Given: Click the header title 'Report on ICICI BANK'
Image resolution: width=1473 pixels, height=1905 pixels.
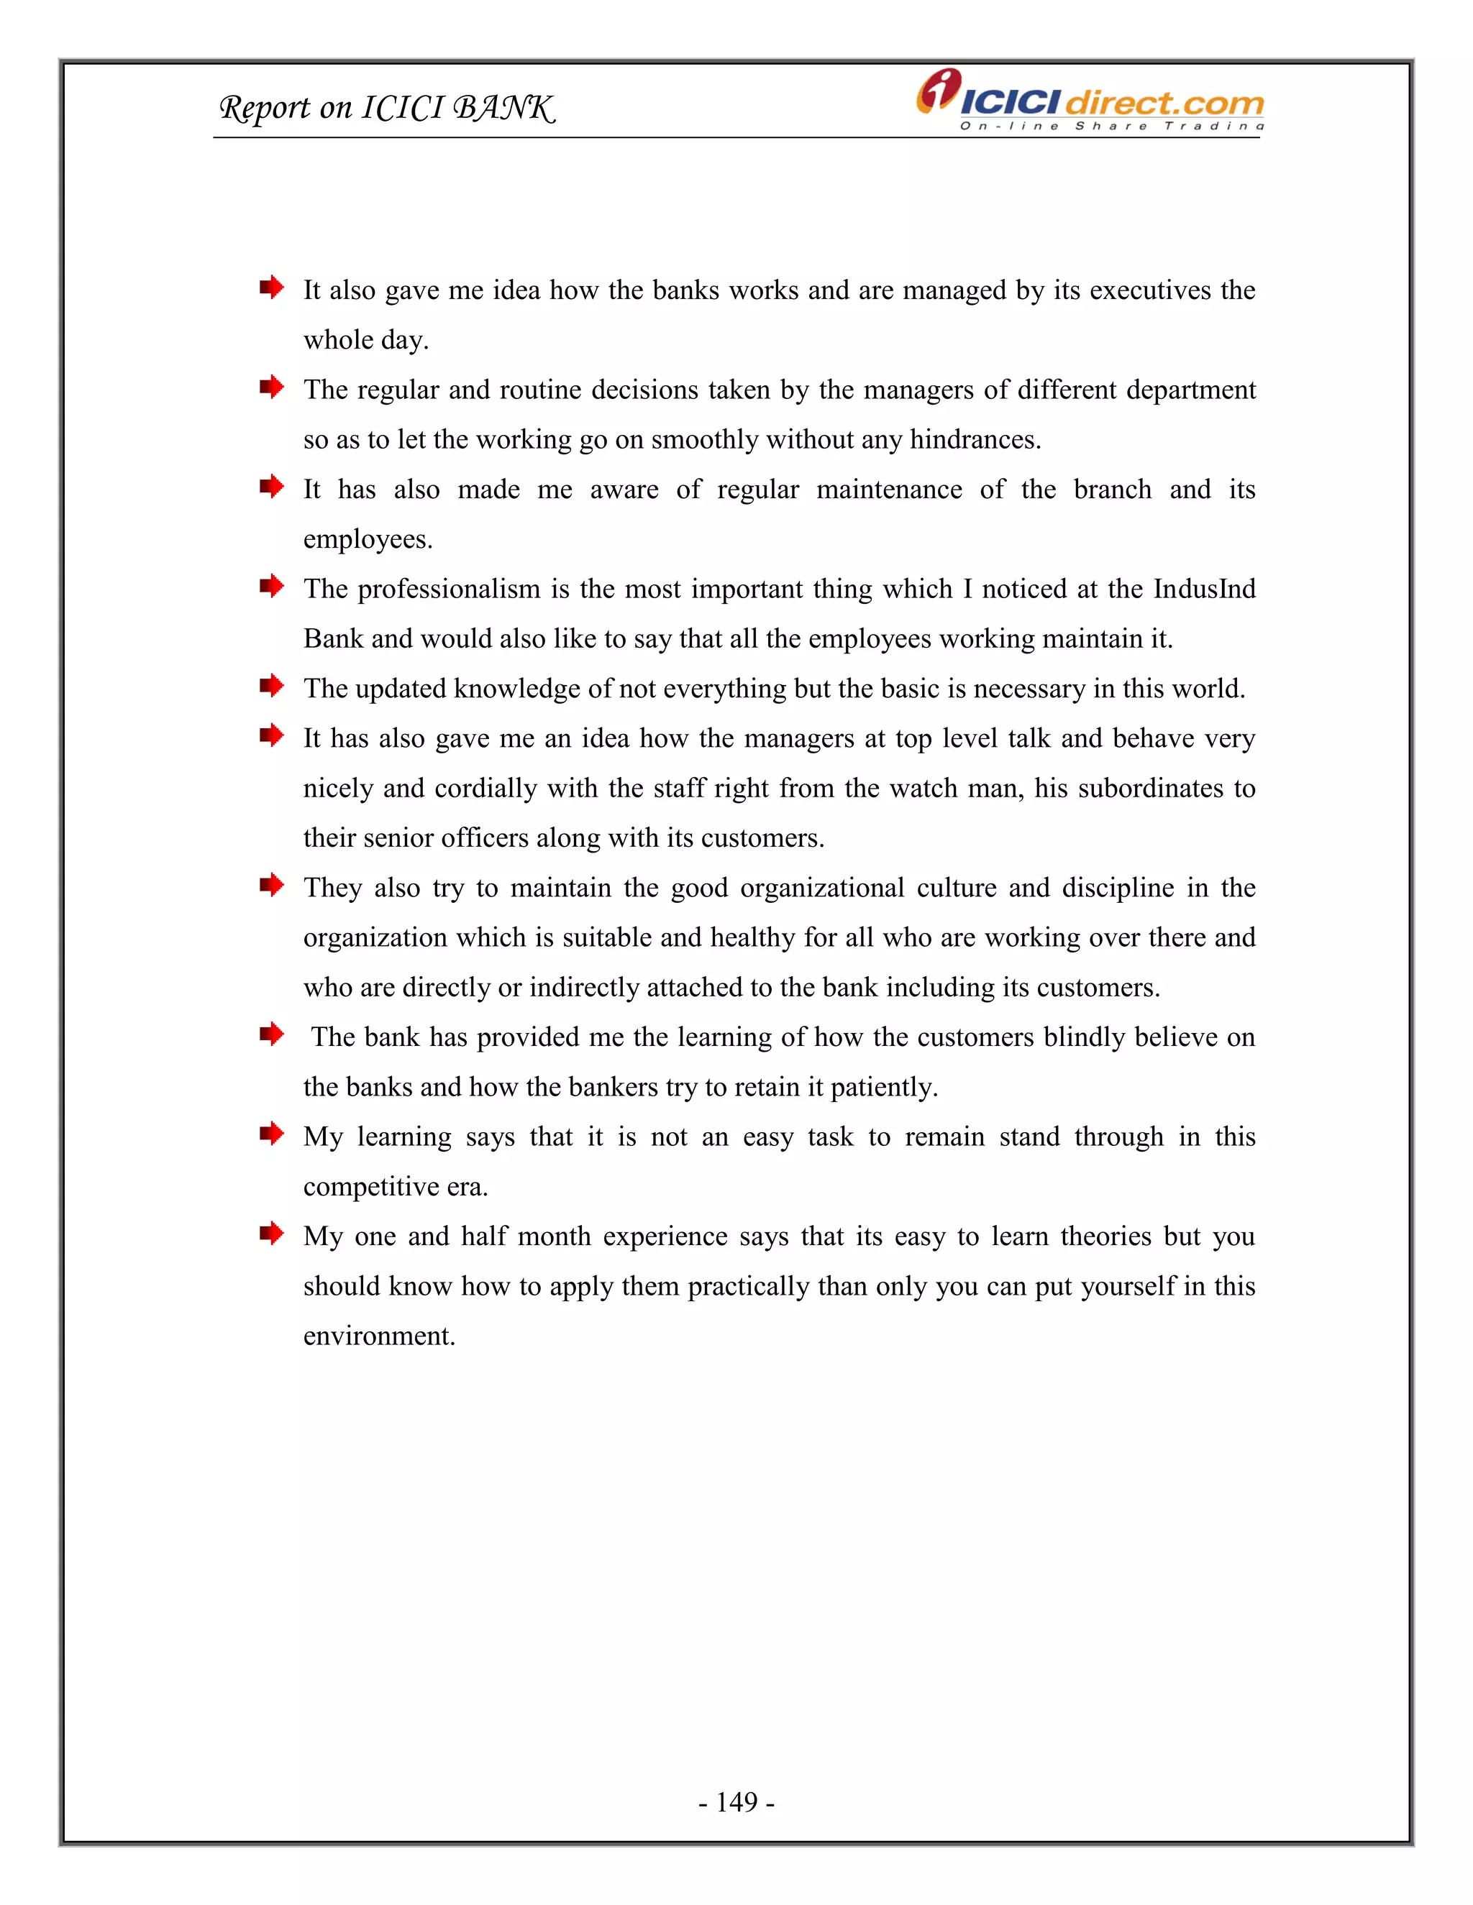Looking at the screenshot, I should [x=386, y=108].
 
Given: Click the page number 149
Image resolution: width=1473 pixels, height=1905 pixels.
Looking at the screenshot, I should [x=736, y=1801].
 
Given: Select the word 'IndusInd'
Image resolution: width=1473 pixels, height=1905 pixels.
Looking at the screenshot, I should [x=1204, y=589].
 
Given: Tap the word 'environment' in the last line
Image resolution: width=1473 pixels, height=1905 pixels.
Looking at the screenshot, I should [x=379, y=1336].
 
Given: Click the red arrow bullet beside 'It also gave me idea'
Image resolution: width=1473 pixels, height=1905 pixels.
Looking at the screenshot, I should [x=271, y=287].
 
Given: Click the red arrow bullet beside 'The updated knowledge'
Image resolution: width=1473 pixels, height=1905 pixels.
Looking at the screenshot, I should [x=271, y=686].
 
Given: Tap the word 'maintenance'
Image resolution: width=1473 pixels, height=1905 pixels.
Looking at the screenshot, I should [x=888, y=490].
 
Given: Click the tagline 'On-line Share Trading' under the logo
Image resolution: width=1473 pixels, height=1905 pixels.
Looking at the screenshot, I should [x=1111, y=127].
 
